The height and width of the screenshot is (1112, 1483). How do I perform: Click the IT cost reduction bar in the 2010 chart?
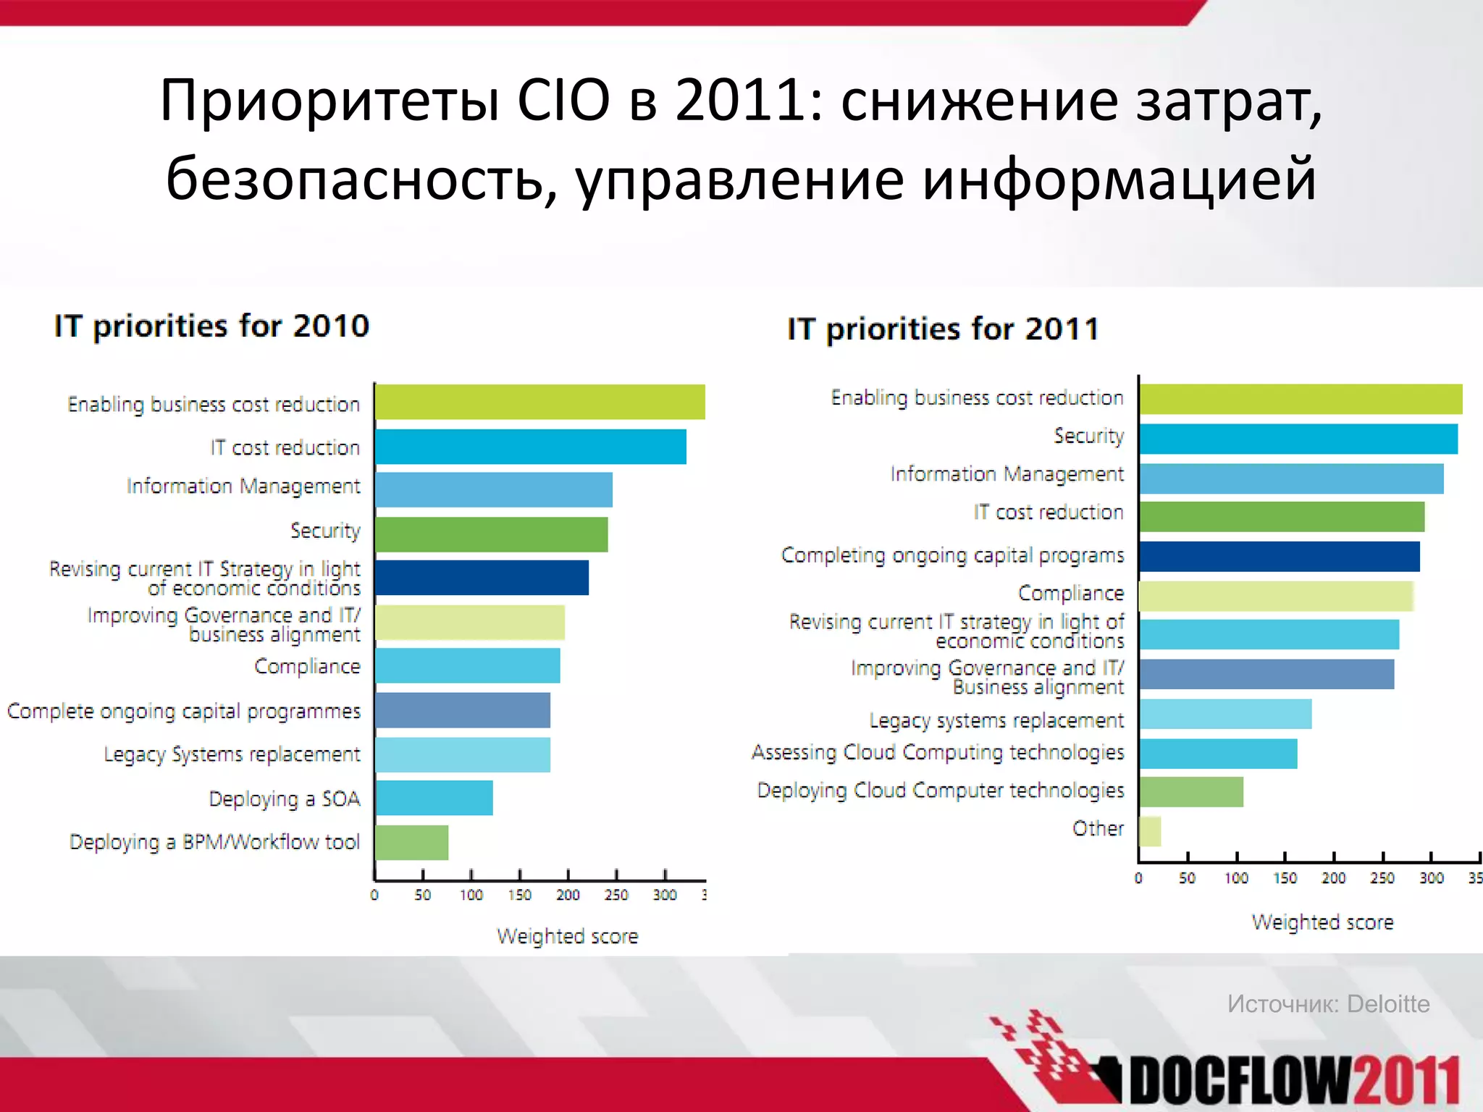[530, 447]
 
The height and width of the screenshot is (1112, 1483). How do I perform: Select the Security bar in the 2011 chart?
[1298, 439]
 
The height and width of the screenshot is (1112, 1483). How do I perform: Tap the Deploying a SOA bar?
[434, 798]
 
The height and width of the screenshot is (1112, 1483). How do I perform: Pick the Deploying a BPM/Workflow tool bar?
[411, 843]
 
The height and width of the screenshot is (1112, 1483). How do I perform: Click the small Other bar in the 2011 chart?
[1150, 831]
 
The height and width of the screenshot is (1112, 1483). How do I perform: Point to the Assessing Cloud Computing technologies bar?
[1218, 754]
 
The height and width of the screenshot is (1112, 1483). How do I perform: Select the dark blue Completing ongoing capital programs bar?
[1279, 557]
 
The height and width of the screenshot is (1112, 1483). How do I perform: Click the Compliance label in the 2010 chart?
[307, 666]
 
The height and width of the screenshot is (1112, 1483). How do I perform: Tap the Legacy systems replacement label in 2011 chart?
[996, 720]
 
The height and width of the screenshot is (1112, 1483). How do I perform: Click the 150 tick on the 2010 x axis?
[519, 895]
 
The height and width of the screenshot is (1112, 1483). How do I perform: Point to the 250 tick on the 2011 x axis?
[1382, 878]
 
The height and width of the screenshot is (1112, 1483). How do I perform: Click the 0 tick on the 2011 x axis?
[1138, 878]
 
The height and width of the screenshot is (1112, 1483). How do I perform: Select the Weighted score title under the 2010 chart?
[567, 936]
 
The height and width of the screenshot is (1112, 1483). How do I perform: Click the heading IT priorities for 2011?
[943, 329]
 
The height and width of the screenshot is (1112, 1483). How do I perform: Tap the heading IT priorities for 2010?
[211, 326]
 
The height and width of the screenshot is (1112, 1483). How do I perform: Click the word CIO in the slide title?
[563, 100]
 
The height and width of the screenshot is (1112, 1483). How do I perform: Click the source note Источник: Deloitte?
[1328, 1003]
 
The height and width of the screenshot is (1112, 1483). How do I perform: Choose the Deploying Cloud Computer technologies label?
[940, 791]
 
